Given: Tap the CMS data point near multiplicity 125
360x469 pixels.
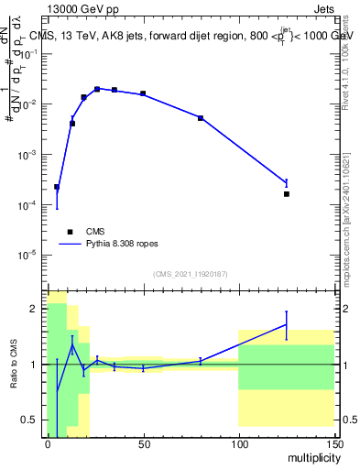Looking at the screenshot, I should (287, 194).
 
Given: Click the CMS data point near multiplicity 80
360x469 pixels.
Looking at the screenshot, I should (201, 118).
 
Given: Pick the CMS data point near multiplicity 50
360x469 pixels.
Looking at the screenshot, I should (143, 93).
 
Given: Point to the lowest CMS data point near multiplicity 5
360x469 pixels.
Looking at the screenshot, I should (57, 187).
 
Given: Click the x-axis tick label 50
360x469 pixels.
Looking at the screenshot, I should (143, 444).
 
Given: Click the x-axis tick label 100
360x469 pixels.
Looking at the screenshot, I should (238, 444).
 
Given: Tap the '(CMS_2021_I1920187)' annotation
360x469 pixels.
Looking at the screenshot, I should (190, 274).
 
